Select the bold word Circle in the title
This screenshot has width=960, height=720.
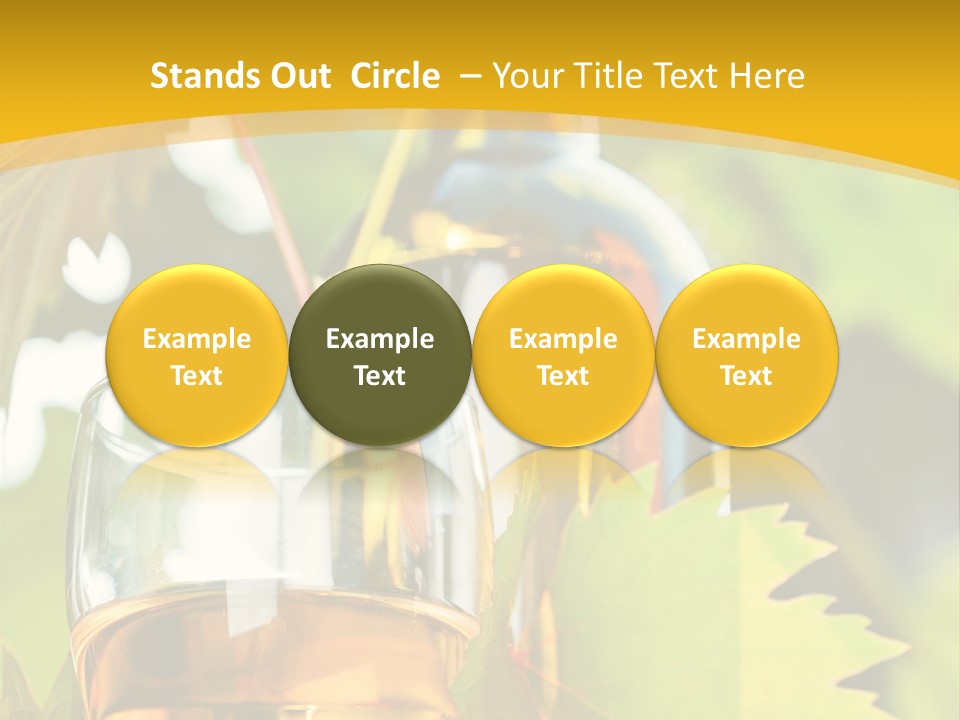point(395,76)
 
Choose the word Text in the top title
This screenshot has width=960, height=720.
point(690,76)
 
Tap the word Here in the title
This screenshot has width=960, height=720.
point(768,76)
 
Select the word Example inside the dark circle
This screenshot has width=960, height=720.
point(380,339)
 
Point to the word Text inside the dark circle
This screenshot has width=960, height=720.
point(380,376)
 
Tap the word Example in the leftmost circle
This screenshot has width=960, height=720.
point(197,339)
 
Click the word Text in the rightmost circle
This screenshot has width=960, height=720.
point(747,376)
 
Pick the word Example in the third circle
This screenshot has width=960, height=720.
point(563,339)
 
